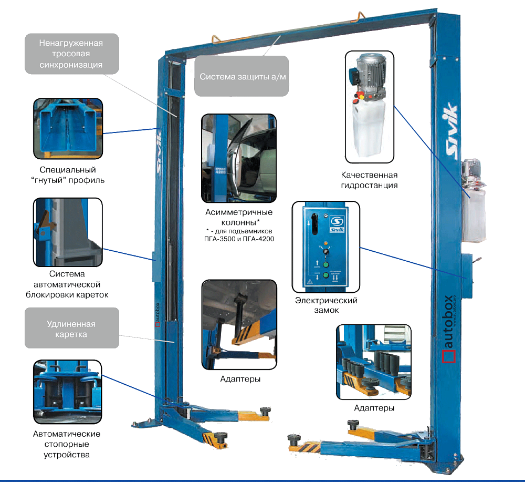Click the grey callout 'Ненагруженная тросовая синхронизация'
(x=71, y=54)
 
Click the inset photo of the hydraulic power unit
(x=370, y=107)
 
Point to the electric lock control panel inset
(x=326, y=248)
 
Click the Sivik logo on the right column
(x=451, y=129)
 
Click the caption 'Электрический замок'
(x=326, y=305)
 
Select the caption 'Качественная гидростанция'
(x=370, y=180)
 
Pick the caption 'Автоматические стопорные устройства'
(x=67, y=444)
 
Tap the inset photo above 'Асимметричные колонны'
(x=238, y=158)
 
